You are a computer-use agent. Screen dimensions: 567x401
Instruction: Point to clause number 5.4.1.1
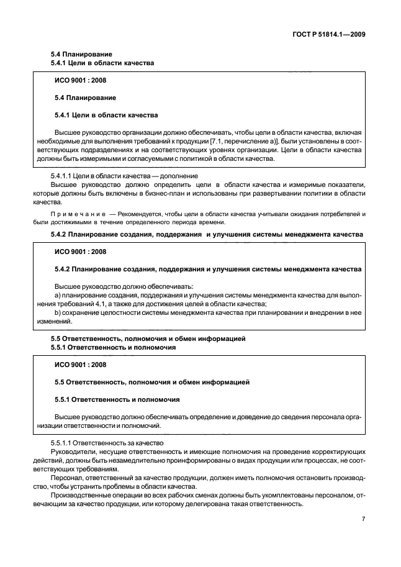pos(62,176)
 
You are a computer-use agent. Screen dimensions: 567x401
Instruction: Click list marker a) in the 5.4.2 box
pos(58,295)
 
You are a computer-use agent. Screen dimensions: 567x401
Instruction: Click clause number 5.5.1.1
pos(62,443)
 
